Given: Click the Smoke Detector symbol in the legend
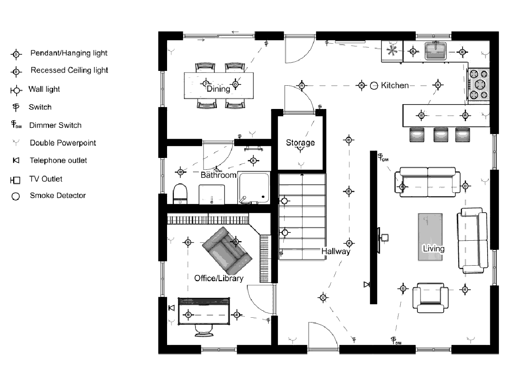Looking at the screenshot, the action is coord(15,196).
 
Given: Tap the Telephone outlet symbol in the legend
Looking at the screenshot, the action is coord(16,160).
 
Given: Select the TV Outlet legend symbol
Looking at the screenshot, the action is coord(15,180).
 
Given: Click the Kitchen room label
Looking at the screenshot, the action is coord(395,85).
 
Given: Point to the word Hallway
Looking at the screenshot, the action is coord(335,251).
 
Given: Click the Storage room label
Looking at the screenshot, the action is coord(300,143).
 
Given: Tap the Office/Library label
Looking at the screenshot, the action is coord(219,278).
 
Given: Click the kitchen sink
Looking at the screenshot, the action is coord(436,51).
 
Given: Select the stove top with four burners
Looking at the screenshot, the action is coord(479,85).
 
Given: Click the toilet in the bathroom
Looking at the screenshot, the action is coord(180,193).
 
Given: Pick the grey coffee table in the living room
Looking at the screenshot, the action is coord(430,237).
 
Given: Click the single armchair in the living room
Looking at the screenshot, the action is coord(430,298).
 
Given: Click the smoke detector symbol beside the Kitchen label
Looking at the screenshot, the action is coord(374,86).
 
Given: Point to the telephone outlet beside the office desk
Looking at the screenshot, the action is coord(171,308).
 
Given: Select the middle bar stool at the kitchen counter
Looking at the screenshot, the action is coord(441,135).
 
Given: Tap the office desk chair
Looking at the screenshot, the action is coord(203,330).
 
